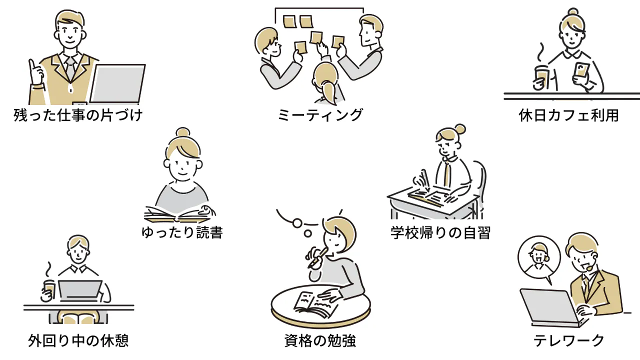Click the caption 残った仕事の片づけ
pos(78,116)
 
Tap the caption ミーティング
pos(320,115)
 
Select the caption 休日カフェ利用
pos(569,116)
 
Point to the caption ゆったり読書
pos(182,232)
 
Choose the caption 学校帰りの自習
pos(440,232)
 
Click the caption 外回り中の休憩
pos(78,341)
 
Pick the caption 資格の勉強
pos(320,341)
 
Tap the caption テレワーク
pos(569,341)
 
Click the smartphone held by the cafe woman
pos(581,70)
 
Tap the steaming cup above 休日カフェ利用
pos(541,76)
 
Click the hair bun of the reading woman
pos(182,132)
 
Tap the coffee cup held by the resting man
pos(48,289)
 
